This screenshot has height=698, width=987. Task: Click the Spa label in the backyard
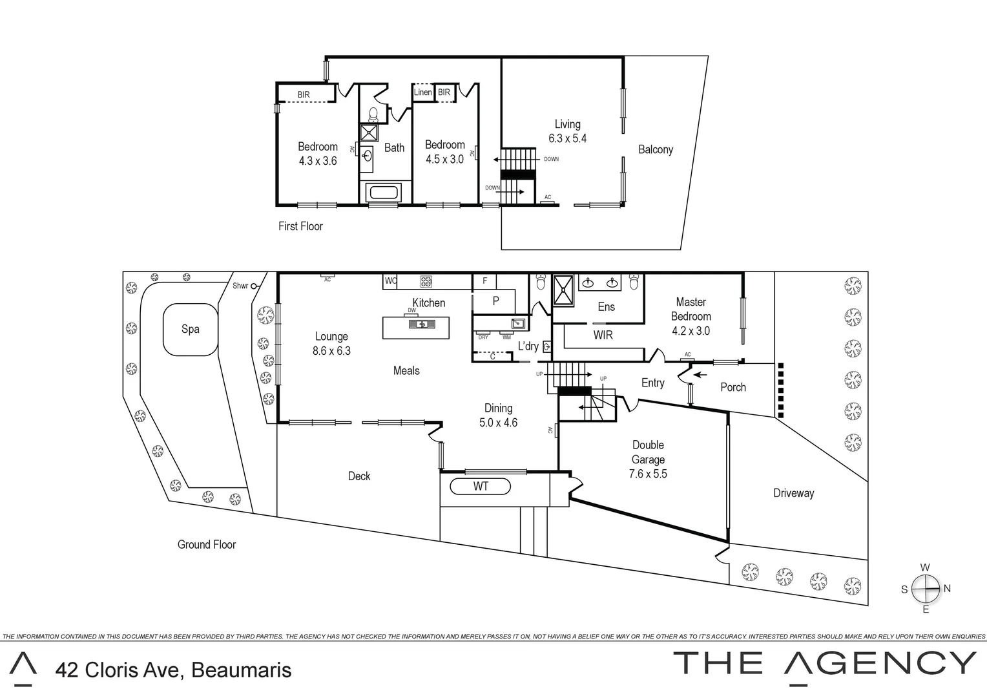[x=190, y=329]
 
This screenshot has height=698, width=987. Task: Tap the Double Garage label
[x=648, y=452]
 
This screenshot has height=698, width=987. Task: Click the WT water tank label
[x=481, y=486]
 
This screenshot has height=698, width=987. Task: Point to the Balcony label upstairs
[x=655, y=149]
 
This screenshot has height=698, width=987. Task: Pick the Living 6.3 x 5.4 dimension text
[x=567, y=138]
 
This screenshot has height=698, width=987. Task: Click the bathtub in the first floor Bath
[x=384, y=192]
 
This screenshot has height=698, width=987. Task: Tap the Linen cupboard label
[x=422, y=92]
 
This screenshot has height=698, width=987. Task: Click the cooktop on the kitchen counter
[x=426, y=281]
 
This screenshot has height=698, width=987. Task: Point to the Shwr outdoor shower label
[x=240, y=286]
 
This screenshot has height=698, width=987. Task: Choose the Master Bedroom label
[x=691, y=309]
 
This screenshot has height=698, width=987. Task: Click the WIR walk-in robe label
[x=603, y=335]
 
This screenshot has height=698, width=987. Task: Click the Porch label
[x=732, y=387]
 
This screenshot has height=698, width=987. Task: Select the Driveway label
[x=793, y=493]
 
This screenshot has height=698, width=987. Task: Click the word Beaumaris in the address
[x=242, y=670]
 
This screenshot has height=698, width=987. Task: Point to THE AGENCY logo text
[x=824, y=664]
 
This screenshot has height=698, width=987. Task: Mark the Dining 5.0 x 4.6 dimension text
[x=498, y=423]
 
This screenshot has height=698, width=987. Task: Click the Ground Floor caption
[x=207, y=545]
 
